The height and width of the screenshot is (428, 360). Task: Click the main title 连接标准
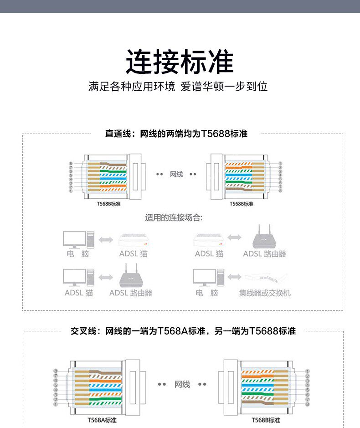(x=180, y=62)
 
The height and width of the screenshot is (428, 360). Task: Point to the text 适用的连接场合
(x=174, y=217)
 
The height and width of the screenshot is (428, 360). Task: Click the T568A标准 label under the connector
(x=102, y=420)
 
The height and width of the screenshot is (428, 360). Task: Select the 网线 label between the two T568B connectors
(x=176, y=175)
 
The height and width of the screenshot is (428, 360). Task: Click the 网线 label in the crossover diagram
(x=182, y=385)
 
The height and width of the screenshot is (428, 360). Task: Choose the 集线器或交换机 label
(x=265, y=293)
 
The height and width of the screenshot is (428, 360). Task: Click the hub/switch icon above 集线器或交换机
(x=267, y=277)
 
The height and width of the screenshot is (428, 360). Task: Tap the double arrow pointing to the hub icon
(x=235, y=277)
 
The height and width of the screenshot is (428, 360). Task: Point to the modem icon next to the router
(x=209, y=239)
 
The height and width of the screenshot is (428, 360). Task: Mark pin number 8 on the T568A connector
(x=56, y=371)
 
